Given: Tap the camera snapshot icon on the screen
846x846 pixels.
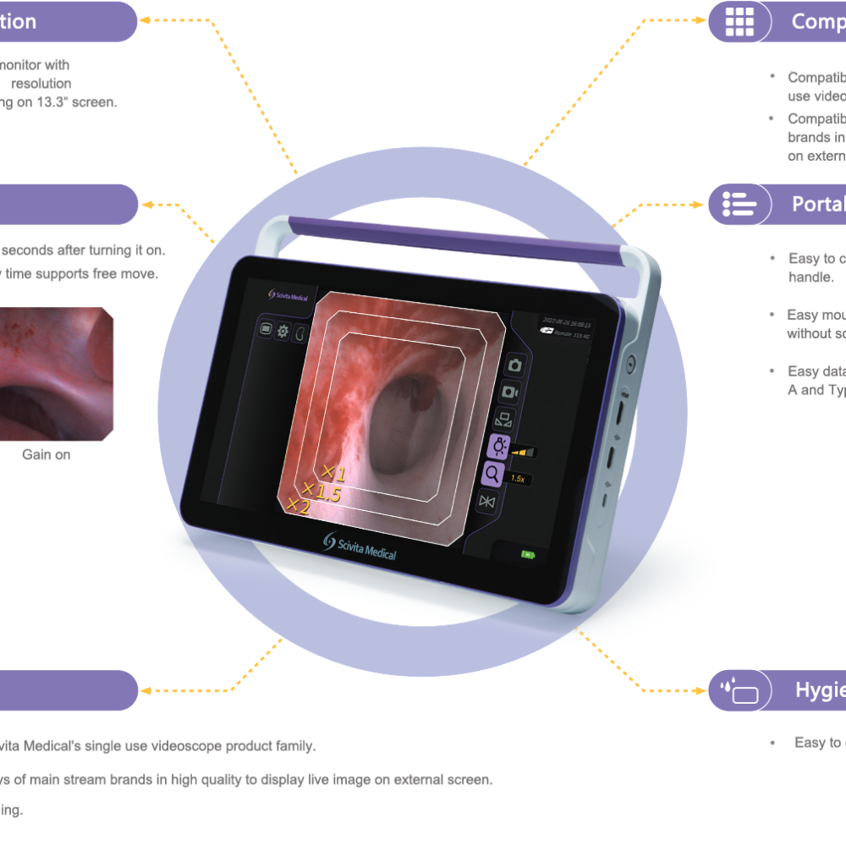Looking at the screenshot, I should [x=514, y=365].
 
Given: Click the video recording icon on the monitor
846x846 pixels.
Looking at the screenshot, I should [x=511, y=392].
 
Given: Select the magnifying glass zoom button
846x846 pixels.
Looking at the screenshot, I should [x=493, y=475].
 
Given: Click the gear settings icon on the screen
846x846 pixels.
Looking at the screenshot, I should [x=283, y=330].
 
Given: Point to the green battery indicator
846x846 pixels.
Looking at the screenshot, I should [x=528, y=555].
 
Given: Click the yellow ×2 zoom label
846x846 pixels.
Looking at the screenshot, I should [x=298, y=506].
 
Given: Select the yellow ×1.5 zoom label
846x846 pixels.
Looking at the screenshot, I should [x=321, y=492].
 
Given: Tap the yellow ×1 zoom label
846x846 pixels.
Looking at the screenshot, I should [x=333, y=473].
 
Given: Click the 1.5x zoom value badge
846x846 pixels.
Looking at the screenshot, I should [x=518, y=478].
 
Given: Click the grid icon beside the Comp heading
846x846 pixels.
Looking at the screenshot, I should [x=739, y=22].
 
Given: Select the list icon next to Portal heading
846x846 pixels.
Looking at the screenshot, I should [x=739, y=204].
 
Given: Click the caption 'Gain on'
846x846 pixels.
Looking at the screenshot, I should [x=47, y=454].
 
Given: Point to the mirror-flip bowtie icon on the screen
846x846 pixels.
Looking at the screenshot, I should [x=486, y=502].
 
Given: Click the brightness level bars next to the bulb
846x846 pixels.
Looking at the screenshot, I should [x=525, y=453].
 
